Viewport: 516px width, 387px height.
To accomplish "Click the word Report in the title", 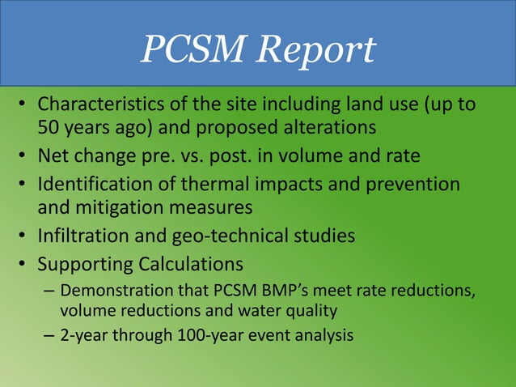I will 315,50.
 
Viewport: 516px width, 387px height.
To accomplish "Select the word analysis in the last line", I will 326,335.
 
